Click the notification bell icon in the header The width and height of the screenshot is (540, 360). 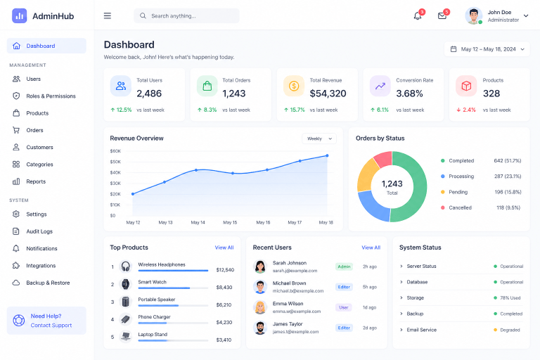[418, 16]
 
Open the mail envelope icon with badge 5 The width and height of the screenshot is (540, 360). [442, 16]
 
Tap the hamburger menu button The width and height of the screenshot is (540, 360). [108, 16]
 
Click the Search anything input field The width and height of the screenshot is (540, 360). [186, 16]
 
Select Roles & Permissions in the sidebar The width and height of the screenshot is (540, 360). [51, 96]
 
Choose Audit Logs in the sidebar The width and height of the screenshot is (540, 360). [39, 231]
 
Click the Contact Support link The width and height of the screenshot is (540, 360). [51, 326]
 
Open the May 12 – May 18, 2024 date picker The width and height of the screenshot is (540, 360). [487, 49]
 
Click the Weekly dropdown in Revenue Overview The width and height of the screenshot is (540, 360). [319, 139]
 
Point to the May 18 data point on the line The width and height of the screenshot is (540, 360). [327, 155]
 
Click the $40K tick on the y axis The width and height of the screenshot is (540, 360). [115, 172]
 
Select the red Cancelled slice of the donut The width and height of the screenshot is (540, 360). [383, 158]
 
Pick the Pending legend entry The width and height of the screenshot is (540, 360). [458, 192]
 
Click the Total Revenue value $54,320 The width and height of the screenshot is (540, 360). [328, 94]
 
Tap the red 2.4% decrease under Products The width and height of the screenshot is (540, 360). [466, 110]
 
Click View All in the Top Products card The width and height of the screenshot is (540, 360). [224, 247]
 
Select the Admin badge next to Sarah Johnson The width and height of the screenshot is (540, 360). [344, 266]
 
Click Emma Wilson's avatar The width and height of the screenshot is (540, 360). [260, 307]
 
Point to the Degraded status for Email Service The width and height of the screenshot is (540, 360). [510, 330]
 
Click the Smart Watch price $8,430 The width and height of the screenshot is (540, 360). [224, 288]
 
